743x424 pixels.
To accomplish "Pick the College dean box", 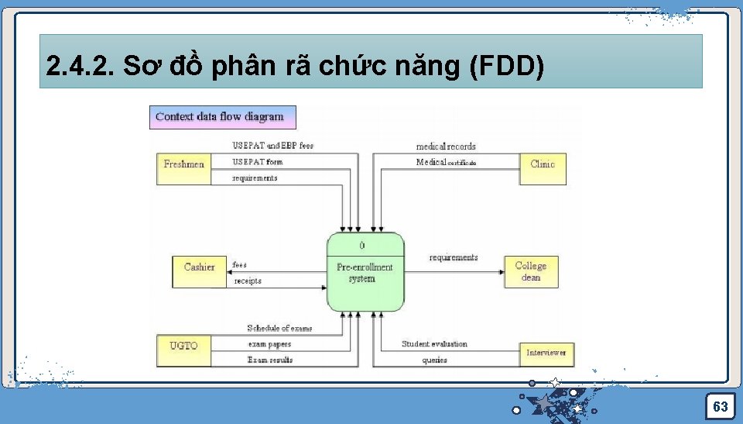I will click(531, 271).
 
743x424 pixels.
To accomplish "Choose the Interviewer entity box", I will click(546, 353).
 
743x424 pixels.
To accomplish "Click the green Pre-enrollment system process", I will click(365, 272).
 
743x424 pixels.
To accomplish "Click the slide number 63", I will click(720, 406).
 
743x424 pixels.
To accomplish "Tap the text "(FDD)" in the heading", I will click(507, 67).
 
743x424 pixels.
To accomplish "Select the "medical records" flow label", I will click(446, 147).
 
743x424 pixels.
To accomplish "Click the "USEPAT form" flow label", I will click(258, 162).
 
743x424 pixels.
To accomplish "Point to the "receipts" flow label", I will click(248, 281).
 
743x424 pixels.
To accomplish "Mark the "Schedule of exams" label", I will click(279, 329).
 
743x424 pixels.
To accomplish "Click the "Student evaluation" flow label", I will click(434, 343).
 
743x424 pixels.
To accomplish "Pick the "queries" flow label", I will click(434, 360).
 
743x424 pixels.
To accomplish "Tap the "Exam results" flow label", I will click(270, 360).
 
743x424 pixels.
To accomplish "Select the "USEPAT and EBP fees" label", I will click(273, 146).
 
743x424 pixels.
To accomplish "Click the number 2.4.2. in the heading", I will click(80, 67).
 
